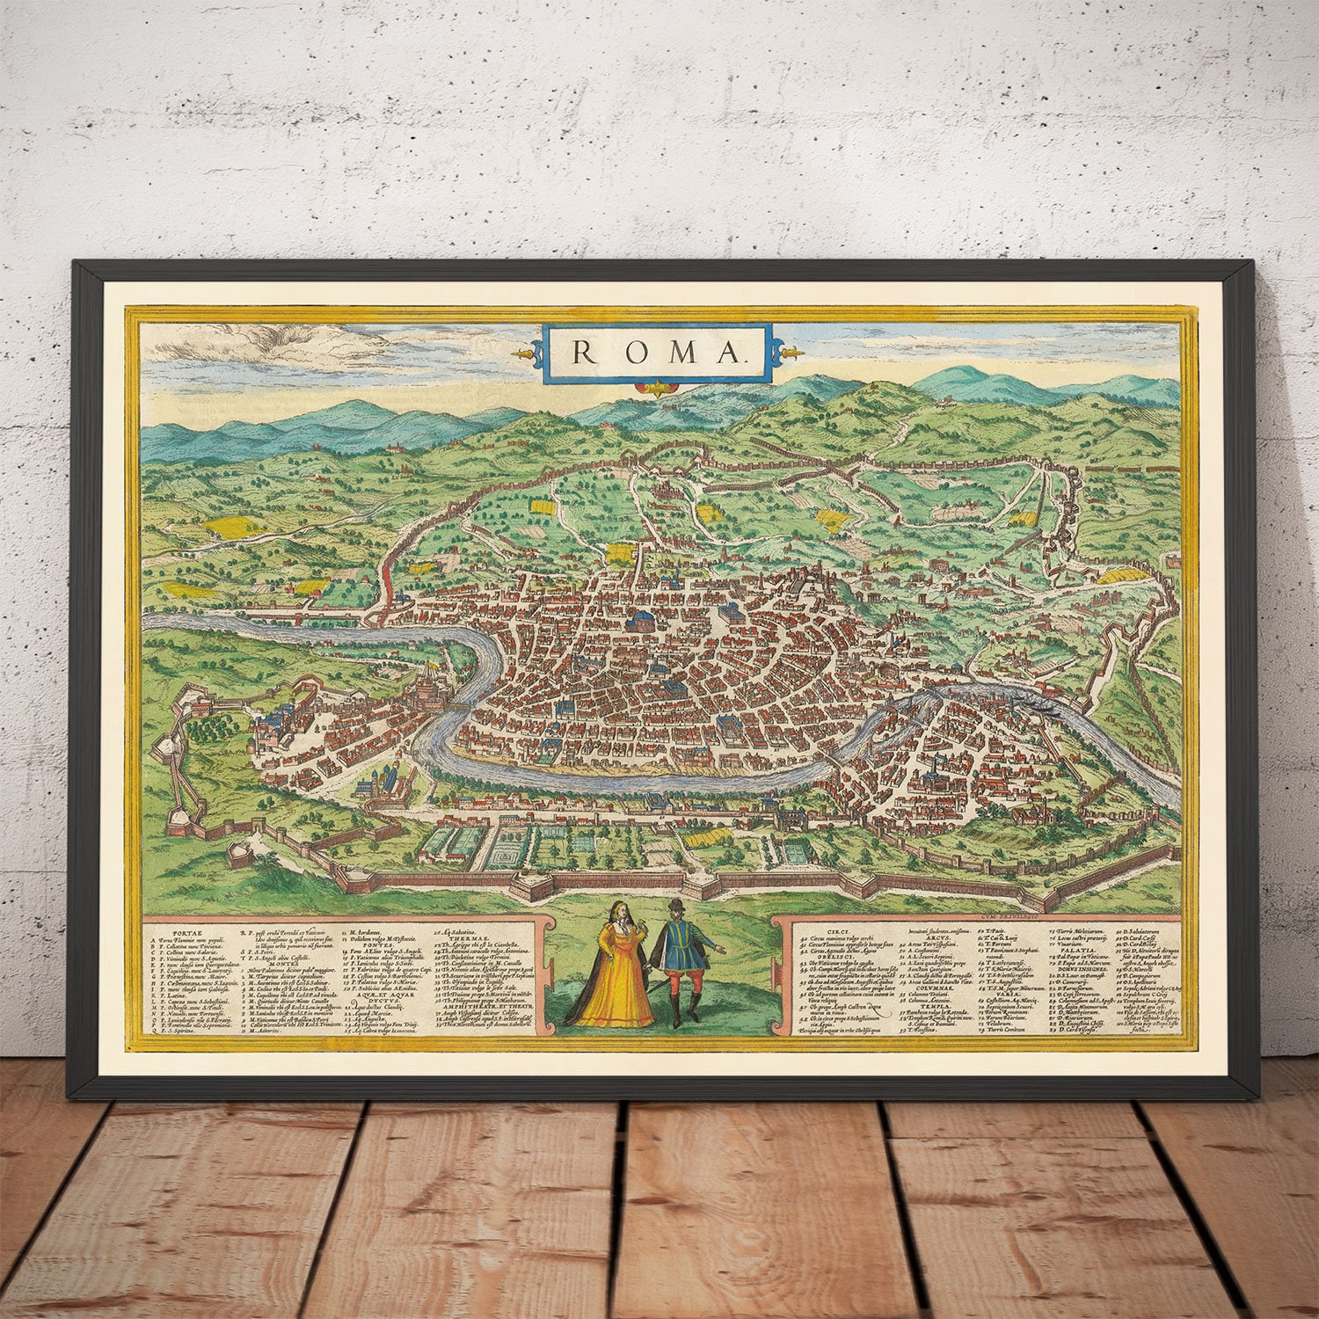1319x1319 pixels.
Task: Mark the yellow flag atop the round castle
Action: click(x=428, y=667)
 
